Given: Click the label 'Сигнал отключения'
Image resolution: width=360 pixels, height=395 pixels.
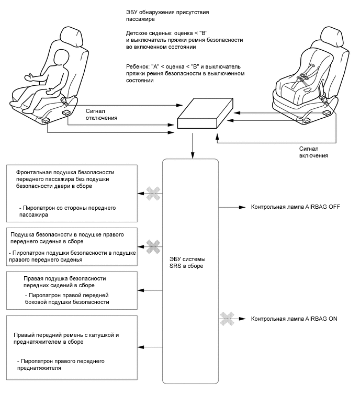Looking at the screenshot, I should point(102,114).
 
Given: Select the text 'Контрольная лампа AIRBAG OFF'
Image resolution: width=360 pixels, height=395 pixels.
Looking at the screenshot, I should point(296,207).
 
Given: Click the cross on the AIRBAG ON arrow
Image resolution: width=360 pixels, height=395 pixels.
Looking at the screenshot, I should point(226,318).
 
